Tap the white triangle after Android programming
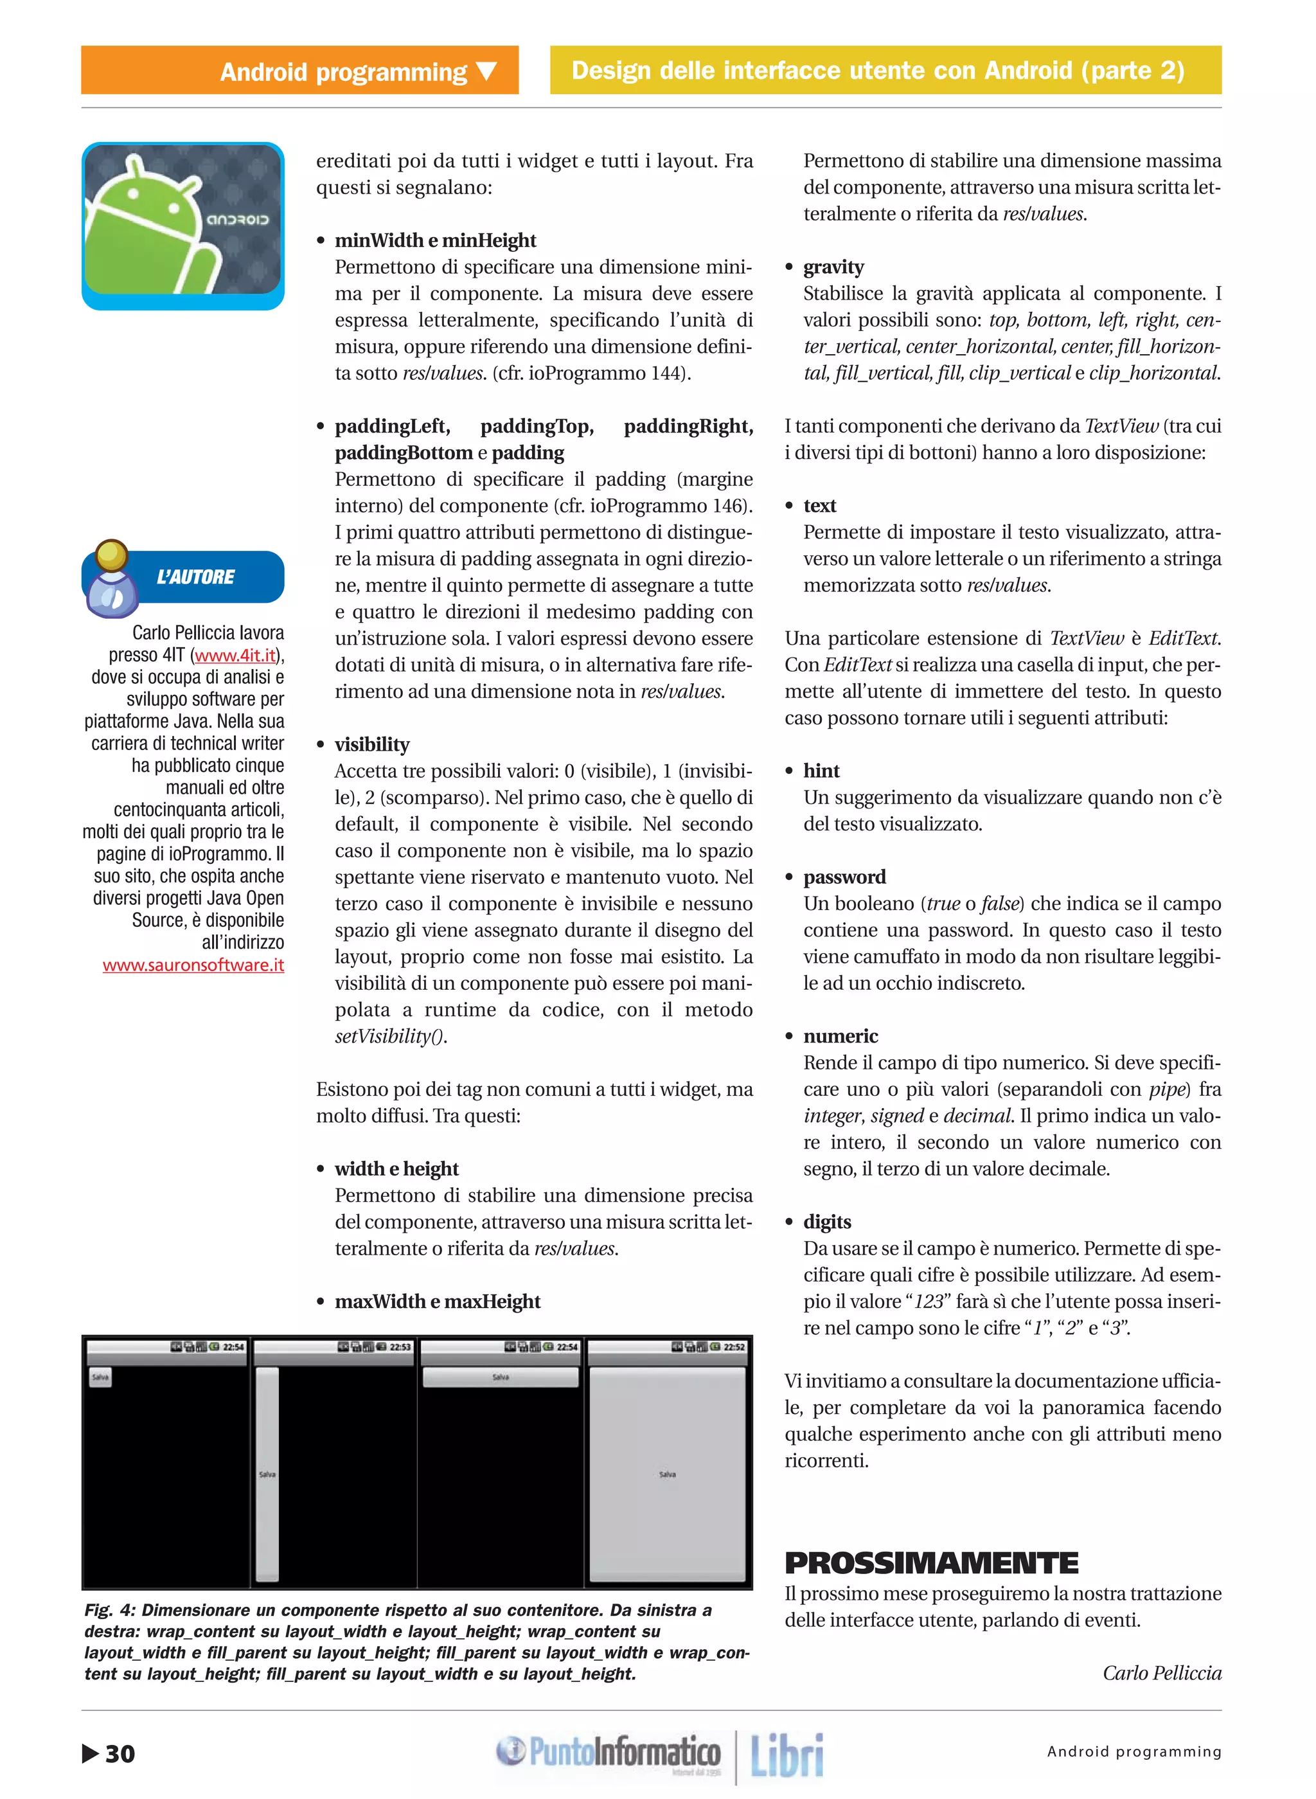[x=486, y=72]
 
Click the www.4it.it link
[x=235, y=655]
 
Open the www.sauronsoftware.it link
[x=193, y=965]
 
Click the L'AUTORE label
[x=196, y=577]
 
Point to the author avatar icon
[x=112, y=579]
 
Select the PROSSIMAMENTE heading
[x=930, y=1562]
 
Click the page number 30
[x=120, y=1753]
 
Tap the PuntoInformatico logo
[x=609, y=1753]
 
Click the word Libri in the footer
[x=787, y=1755]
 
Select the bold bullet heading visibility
[x=372, y=744]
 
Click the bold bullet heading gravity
[x=833, y=267]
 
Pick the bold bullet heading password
[x=844, y=877]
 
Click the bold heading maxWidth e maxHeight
[x=438, y=1301]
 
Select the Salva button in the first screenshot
[x=100, y=1377]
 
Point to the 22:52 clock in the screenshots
[x=734, y=1347]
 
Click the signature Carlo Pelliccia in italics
[x=1161, y=1672]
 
